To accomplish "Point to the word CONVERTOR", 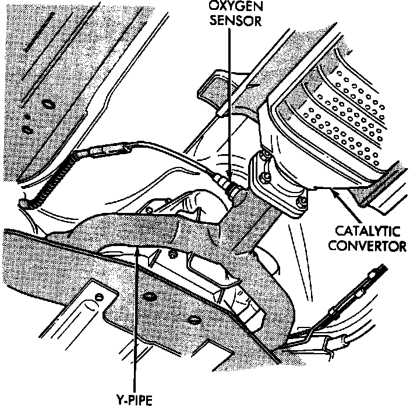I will pyautogui.click(x=366, y=245).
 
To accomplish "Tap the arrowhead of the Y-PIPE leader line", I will pyautogui.click(x=136, y=249).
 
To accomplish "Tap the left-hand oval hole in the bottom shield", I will pyautogui.click(x=148, y=297).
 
